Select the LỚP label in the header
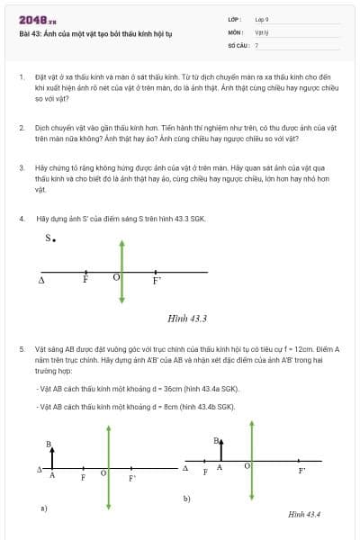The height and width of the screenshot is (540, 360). click(x=235, y=19)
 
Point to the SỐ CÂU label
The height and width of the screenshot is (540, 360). click(x=238, y=44)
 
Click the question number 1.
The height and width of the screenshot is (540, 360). click(x=21, y=78)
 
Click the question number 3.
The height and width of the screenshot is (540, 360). click(x=21, y=167)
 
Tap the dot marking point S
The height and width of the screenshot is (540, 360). click(x=55, y=240)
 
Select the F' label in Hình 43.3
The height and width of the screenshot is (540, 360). click(x=157, y=281)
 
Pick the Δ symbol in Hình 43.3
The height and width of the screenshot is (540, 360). click(x=41, y=281)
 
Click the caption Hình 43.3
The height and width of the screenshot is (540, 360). click(x=187, y=319)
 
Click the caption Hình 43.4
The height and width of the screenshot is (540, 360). click(x=304, y=514)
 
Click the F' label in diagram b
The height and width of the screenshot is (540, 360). click(x=302, y=470)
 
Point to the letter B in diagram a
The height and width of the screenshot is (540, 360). click(x=49, y=444)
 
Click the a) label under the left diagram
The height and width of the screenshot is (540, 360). click(x=42, y=508)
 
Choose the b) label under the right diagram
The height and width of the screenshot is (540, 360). click(x=186, y=498)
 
